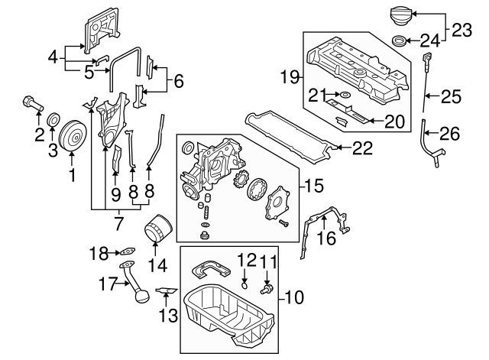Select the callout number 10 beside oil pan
(x=294, y=297)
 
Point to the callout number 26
(x=449, y=135)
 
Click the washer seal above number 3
(x=54, y=120)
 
